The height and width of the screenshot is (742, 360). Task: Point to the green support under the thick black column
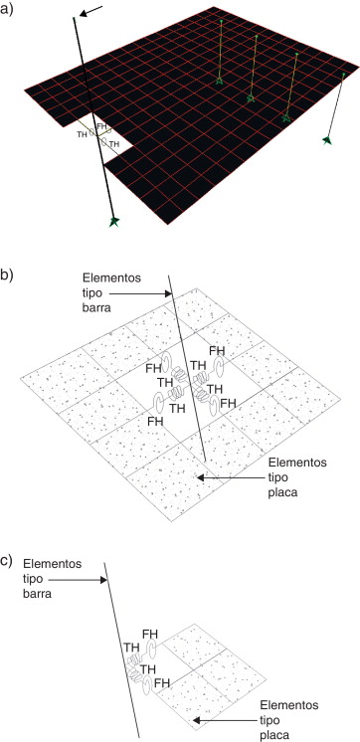(x=115, y=222)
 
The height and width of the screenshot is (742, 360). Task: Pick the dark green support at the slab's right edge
(x=326, y=141)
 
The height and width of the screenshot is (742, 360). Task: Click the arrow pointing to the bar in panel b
(x=139, y=293)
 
